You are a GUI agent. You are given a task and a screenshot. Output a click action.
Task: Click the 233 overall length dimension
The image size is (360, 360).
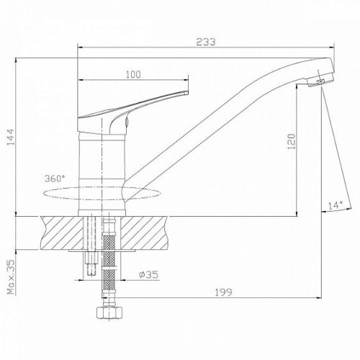tap(206, 42)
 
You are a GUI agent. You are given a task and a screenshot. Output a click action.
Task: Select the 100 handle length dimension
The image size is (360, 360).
tap(133, 75)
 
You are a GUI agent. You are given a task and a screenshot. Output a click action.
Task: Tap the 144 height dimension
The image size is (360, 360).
tap(11, 137)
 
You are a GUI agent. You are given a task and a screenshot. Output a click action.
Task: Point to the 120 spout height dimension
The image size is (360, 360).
tap(291, 142)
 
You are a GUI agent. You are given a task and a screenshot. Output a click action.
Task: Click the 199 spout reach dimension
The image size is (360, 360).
tap(223, 292)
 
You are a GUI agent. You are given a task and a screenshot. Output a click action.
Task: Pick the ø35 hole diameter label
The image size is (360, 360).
tap(149, 274)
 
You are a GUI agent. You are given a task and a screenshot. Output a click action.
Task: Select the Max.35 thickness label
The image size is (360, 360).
tap(11, 276)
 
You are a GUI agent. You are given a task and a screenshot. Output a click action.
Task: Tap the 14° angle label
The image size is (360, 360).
tap(336, 205)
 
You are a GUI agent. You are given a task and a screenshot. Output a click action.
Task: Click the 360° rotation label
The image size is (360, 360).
tap(55, 179)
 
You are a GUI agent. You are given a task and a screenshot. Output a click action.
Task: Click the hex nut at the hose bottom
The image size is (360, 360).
tap(109, 312)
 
